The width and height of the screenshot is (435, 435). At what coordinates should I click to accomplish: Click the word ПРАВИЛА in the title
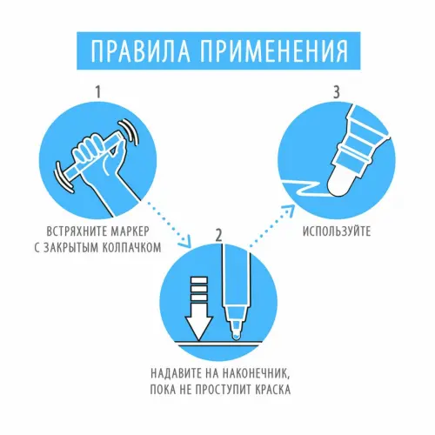(140, 51)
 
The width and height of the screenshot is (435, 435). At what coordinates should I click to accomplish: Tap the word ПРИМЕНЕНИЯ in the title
(274, 51)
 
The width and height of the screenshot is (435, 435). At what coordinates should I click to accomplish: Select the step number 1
(98, 92)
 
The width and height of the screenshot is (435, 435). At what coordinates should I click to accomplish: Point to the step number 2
(219, 236)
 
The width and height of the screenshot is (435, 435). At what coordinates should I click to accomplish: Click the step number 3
(336, 92)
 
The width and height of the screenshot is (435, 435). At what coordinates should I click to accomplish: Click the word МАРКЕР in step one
(130, 231)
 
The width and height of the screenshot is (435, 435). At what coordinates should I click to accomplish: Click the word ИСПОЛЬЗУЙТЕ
(337, 231)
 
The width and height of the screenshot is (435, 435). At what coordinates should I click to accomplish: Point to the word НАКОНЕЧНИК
(256, 373)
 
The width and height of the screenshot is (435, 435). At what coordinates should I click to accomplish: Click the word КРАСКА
(272, 390)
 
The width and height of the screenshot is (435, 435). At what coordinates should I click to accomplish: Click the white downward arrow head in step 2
(199, 327)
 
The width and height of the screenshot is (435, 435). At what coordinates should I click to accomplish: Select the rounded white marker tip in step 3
(340, 183)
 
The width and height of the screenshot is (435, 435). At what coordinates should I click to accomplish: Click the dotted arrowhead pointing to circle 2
(185, 243)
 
